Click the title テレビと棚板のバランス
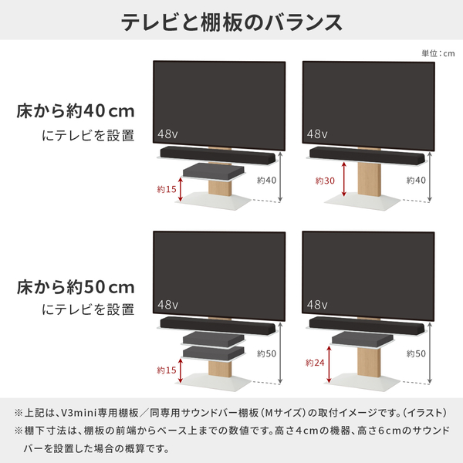[231, 22]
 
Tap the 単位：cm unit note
[438, 53]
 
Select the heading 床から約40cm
[76, 111]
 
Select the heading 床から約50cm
[76, 287]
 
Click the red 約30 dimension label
[325, 181]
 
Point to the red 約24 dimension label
[315, 363]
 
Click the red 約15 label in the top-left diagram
[167, 189]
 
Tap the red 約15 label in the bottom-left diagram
[167, 370]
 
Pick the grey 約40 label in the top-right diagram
[416, 180]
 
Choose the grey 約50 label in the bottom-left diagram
[266, 353]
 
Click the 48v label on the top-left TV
[167, 134]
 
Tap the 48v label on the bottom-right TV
[317, 305]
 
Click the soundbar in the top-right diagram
[367, 155]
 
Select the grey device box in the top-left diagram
[214, 171]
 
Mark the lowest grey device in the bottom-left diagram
[214, 353]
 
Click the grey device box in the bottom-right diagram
[363, 339]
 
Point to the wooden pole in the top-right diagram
[369, 180]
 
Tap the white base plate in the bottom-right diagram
[363, 383]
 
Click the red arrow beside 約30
[343, 179]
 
